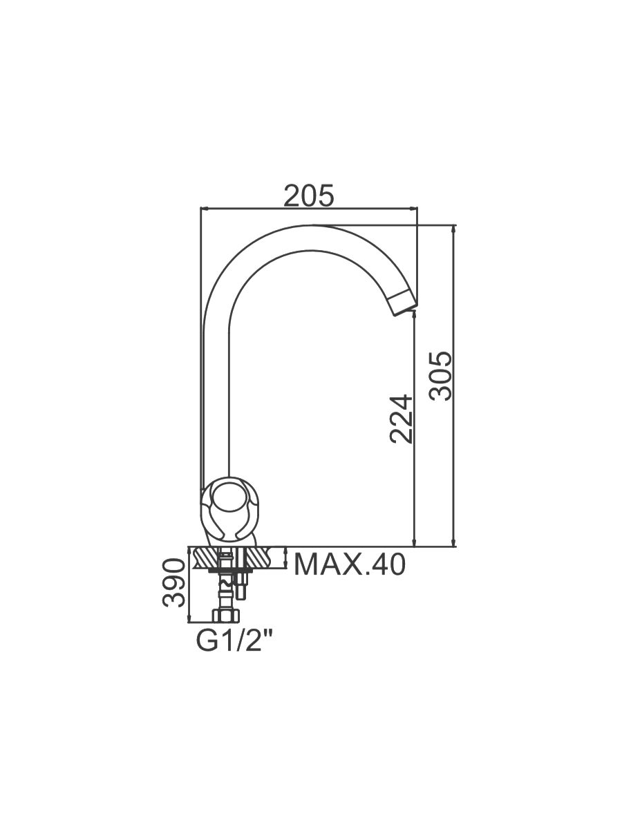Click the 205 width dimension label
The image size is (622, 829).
pyautogui.click(x=309, y=196)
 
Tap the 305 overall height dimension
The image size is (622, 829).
pyautogui.click(x=441, y=376)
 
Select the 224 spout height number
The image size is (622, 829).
pyautogui.click(x=400, y=419)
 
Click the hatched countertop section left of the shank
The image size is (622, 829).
pyautogui.click(x=206, y=556)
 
